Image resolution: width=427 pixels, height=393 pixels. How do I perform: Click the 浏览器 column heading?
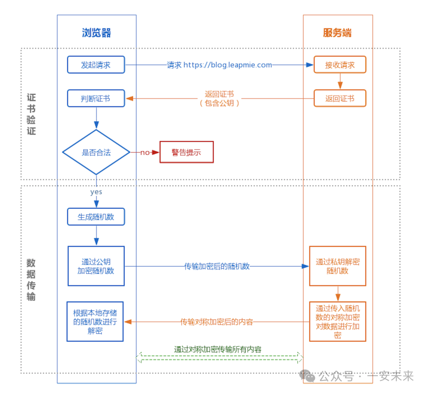click(x=96, y=33)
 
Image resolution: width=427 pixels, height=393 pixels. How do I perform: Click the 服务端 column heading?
click(x=337, y=33)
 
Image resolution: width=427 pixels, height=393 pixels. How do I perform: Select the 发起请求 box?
click(x=96, y=65)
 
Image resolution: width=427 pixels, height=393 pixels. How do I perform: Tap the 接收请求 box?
click(x=340, y=65)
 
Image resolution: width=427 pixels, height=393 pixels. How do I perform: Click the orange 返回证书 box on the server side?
click(x=340, y=99)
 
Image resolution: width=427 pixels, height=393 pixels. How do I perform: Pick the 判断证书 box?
click(x=96, y=99)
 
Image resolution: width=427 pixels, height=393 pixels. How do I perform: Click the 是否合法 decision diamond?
click(x=96, y=152)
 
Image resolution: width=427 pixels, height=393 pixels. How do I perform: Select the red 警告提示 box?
click(x=186, y=152)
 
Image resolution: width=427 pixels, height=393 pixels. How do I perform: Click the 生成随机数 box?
click(x=96, y=217)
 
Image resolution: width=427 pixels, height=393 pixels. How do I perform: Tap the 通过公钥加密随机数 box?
click(x=96, y=266)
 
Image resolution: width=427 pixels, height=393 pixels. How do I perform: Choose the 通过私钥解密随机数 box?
click(x=337, y=266)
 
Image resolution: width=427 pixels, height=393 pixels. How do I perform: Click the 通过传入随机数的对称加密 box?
click(x=337, y=321)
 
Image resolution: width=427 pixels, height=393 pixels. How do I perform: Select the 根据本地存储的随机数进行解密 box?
click(x=95, y=321)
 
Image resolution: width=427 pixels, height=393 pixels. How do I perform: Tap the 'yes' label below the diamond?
click(x=96, y=192)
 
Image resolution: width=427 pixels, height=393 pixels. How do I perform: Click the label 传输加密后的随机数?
click(x=217, y=266)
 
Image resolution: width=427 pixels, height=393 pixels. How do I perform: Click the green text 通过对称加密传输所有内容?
click(x=217, y=349)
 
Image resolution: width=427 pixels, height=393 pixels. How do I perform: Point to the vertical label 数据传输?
click(x=31, y=279)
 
